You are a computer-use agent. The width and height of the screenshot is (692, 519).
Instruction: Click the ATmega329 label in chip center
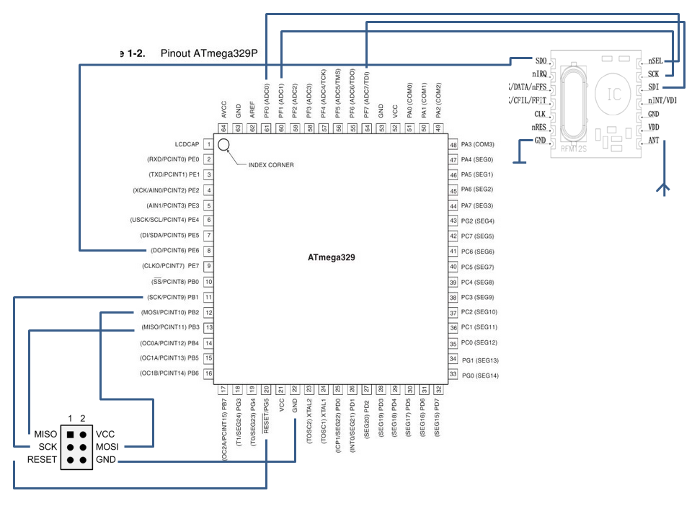pos(331,257)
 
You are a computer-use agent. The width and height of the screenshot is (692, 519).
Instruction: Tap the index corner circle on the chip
pos(223,145)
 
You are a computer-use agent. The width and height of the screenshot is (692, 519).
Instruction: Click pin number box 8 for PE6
pos(208,251)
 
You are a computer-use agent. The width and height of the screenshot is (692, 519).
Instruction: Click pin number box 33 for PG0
pos(453,374)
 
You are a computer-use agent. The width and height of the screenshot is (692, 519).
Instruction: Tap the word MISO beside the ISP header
pos(45,435)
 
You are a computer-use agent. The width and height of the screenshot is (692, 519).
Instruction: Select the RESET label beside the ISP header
pos(42,460)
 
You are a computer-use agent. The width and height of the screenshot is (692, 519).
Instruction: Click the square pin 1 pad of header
pos(70,435)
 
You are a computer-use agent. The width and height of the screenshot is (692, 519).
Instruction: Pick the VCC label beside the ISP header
pos(105,435)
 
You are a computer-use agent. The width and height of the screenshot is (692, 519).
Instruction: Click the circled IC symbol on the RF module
pos(614,94)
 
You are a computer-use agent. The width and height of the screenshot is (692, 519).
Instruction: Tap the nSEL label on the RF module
pos(655,62)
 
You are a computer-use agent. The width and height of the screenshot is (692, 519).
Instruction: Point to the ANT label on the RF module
pos(654,140)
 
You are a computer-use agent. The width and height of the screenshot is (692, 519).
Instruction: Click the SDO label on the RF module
pos(541,61)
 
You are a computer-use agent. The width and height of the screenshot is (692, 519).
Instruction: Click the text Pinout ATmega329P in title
pos(209,53)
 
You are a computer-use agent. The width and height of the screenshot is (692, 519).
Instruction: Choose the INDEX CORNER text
pos(271,165)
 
